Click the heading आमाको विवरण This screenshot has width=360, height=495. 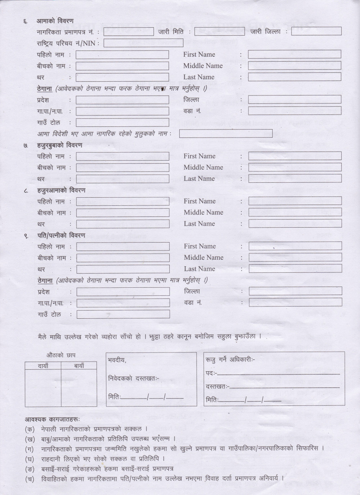55,21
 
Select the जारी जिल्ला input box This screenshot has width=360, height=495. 316,31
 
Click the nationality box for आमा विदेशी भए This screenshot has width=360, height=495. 226,134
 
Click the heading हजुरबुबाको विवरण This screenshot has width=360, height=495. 59,145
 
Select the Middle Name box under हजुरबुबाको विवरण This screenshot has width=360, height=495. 295,167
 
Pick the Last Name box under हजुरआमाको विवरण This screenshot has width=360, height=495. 295,224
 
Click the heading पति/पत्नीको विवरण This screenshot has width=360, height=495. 61,235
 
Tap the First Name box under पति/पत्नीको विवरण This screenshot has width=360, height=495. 295,246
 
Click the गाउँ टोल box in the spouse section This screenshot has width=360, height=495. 123,315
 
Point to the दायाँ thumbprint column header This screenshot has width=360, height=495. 43,366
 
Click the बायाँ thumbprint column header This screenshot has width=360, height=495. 79,366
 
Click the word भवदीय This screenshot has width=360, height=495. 117,361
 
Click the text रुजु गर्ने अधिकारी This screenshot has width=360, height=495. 230,360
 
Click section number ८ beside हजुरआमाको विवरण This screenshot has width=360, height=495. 26,191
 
